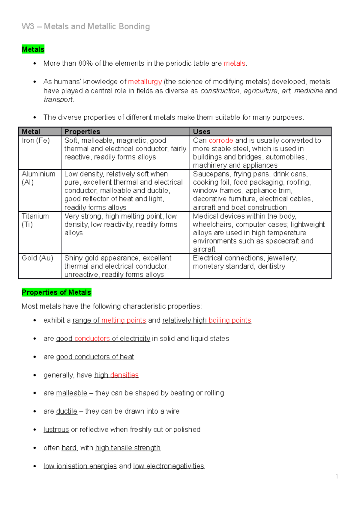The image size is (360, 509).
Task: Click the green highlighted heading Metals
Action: click(33, 49)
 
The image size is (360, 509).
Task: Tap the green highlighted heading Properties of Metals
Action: click(56, 292)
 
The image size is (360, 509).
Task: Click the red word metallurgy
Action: click(145, 82)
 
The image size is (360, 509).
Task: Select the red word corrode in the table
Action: click(221, 140)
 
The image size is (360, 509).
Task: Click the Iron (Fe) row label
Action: click(36, 140)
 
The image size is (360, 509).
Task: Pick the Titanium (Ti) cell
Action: click(35, 220)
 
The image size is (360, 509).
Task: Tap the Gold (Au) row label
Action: click(37, 258)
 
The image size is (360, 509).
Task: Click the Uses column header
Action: click(202, 132)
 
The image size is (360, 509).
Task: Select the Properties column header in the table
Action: click(82, 132)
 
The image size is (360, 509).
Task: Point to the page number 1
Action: click(337, 476)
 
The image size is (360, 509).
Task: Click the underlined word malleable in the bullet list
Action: click(71, 393)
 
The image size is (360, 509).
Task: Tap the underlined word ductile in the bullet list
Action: click(67, 411)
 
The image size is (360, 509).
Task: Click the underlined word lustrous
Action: click(56, 430)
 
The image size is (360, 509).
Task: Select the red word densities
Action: click(124, 375)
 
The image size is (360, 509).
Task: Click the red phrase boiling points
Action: click(230, 320)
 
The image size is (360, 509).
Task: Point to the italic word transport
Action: click(58, 100)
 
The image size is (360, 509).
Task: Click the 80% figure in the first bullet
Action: click(85, 63)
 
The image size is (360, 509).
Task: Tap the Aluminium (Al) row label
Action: click(38, 178)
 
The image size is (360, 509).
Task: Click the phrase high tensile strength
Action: click(128, 448)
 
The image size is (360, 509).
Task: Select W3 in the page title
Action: click(28, 26)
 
